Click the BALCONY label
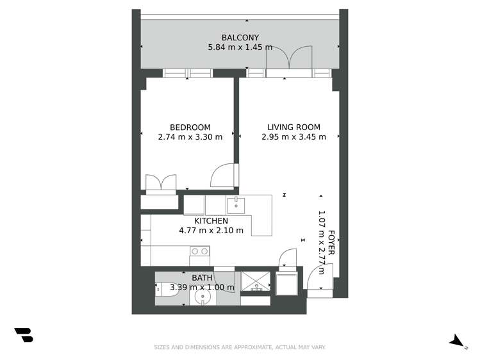coord(240,37)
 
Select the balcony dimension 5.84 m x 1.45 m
coord(240,47)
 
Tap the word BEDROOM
coord(190,127)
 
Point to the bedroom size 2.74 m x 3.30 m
coord(190,136)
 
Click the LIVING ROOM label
coord(294,127)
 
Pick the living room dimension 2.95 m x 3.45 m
coord(294,136)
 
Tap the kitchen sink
coord(236,205)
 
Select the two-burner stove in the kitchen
coord(199,252)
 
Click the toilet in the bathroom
coord(165,290)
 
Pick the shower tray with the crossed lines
coord(256,283)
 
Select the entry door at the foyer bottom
coord(319,281)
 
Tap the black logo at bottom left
coord(24,335)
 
